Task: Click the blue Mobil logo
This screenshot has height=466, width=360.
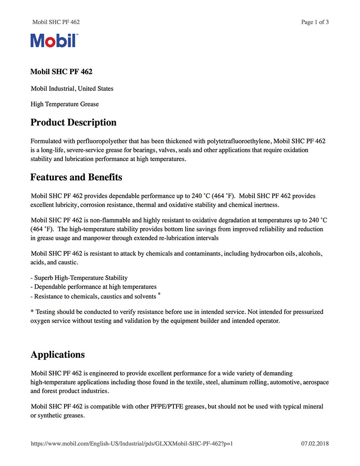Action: pyautogui.click(x=54, y=41)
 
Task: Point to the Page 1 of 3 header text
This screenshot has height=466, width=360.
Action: pyautogui.click(x=315, y=22)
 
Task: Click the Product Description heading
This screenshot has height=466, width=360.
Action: pyautogui.click(x=73, y=122)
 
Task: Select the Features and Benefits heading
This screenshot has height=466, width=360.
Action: pyautogui.click(x=76, y=177)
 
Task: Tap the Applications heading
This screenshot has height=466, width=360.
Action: pyautogui.click(x=57, y=355)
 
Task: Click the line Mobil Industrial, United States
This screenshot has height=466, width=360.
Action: pyautogui.click(x=72, y=89)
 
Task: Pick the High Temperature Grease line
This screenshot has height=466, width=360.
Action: pyautogui.click(x=65, y=104)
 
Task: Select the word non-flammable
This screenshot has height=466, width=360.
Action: pyautogui.click(x=100, y=220)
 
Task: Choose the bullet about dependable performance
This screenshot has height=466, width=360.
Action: pyautogui.click(x=93, y=287)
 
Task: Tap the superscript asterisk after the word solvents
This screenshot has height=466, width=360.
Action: pyautogui.click(x=159, y=295)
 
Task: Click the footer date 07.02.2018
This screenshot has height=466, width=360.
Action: pyautogui.click(x=315, y=444)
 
